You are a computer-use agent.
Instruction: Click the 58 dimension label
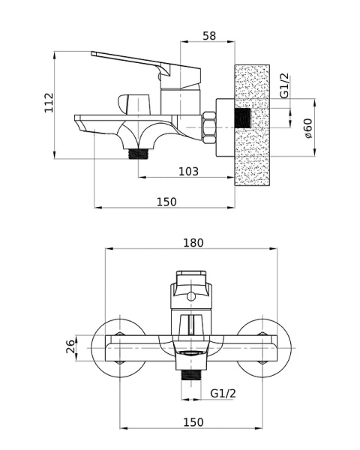pos(209,36)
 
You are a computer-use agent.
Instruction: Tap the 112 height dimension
pos(49,103)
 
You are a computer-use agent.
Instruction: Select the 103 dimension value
pos(188,171)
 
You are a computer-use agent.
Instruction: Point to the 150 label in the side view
pos(166,202)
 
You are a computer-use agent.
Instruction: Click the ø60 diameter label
pos(308,128)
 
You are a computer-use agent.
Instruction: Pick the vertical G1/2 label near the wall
pos(285,86)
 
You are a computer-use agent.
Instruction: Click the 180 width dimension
pos(193,243)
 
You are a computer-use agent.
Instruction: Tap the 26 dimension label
pos(70,346)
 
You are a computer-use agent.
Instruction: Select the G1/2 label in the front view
pos(223,393)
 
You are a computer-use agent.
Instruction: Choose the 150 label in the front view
pos(193,422)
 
